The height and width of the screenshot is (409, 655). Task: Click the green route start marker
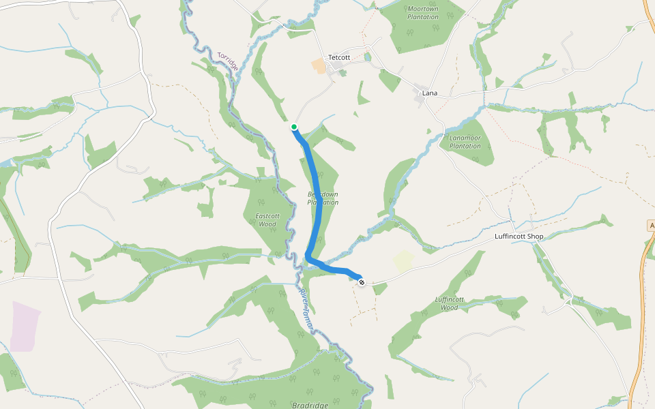pyautogui.click(x=294, y=127)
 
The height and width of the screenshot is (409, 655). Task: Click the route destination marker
pyautogui.click(x=361, y=282)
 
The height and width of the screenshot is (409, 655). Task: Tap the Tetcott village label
pyautogui.click(x=339, y=57)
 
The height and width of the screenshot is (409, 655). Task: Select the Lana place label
pyautogui.click(x=430, y=93)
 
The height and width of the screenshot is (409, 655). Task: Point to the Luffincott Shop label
pyautogui.click(x=519, y=237)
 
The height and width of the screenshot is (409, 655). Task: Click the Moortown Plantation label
pyautogui.click(x=422, y=12)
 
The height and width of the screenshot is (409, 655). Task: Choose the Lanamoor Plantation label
pyautogui.click(x=465, y=142)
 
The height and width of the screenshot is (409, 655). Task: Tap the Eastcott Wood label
pyautogui.click(x=266, y=219)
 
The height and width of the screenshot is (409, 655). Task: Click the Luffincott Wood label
pyautogui.click(x=449, y=303)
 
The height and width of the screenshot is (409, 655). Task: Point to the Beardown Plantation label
pyautogui.click(x=323, y=198)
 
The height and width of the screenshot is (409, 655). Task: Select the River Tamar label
pyautogui.click(x=306, y=311)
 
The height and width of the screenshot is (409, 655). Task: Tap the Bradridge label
pyautogui.click(x=310, y=405)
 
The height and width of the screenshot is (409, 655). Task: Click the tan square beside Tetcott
pyautogui.click(x=319, y=66)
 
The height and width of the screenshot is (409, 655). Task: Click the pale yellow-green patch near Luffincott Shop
pyautogui.click(x=403, y=261)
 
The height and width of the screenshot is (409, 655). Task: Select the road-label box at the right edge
pyautogui.click(x=651, y=225)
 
